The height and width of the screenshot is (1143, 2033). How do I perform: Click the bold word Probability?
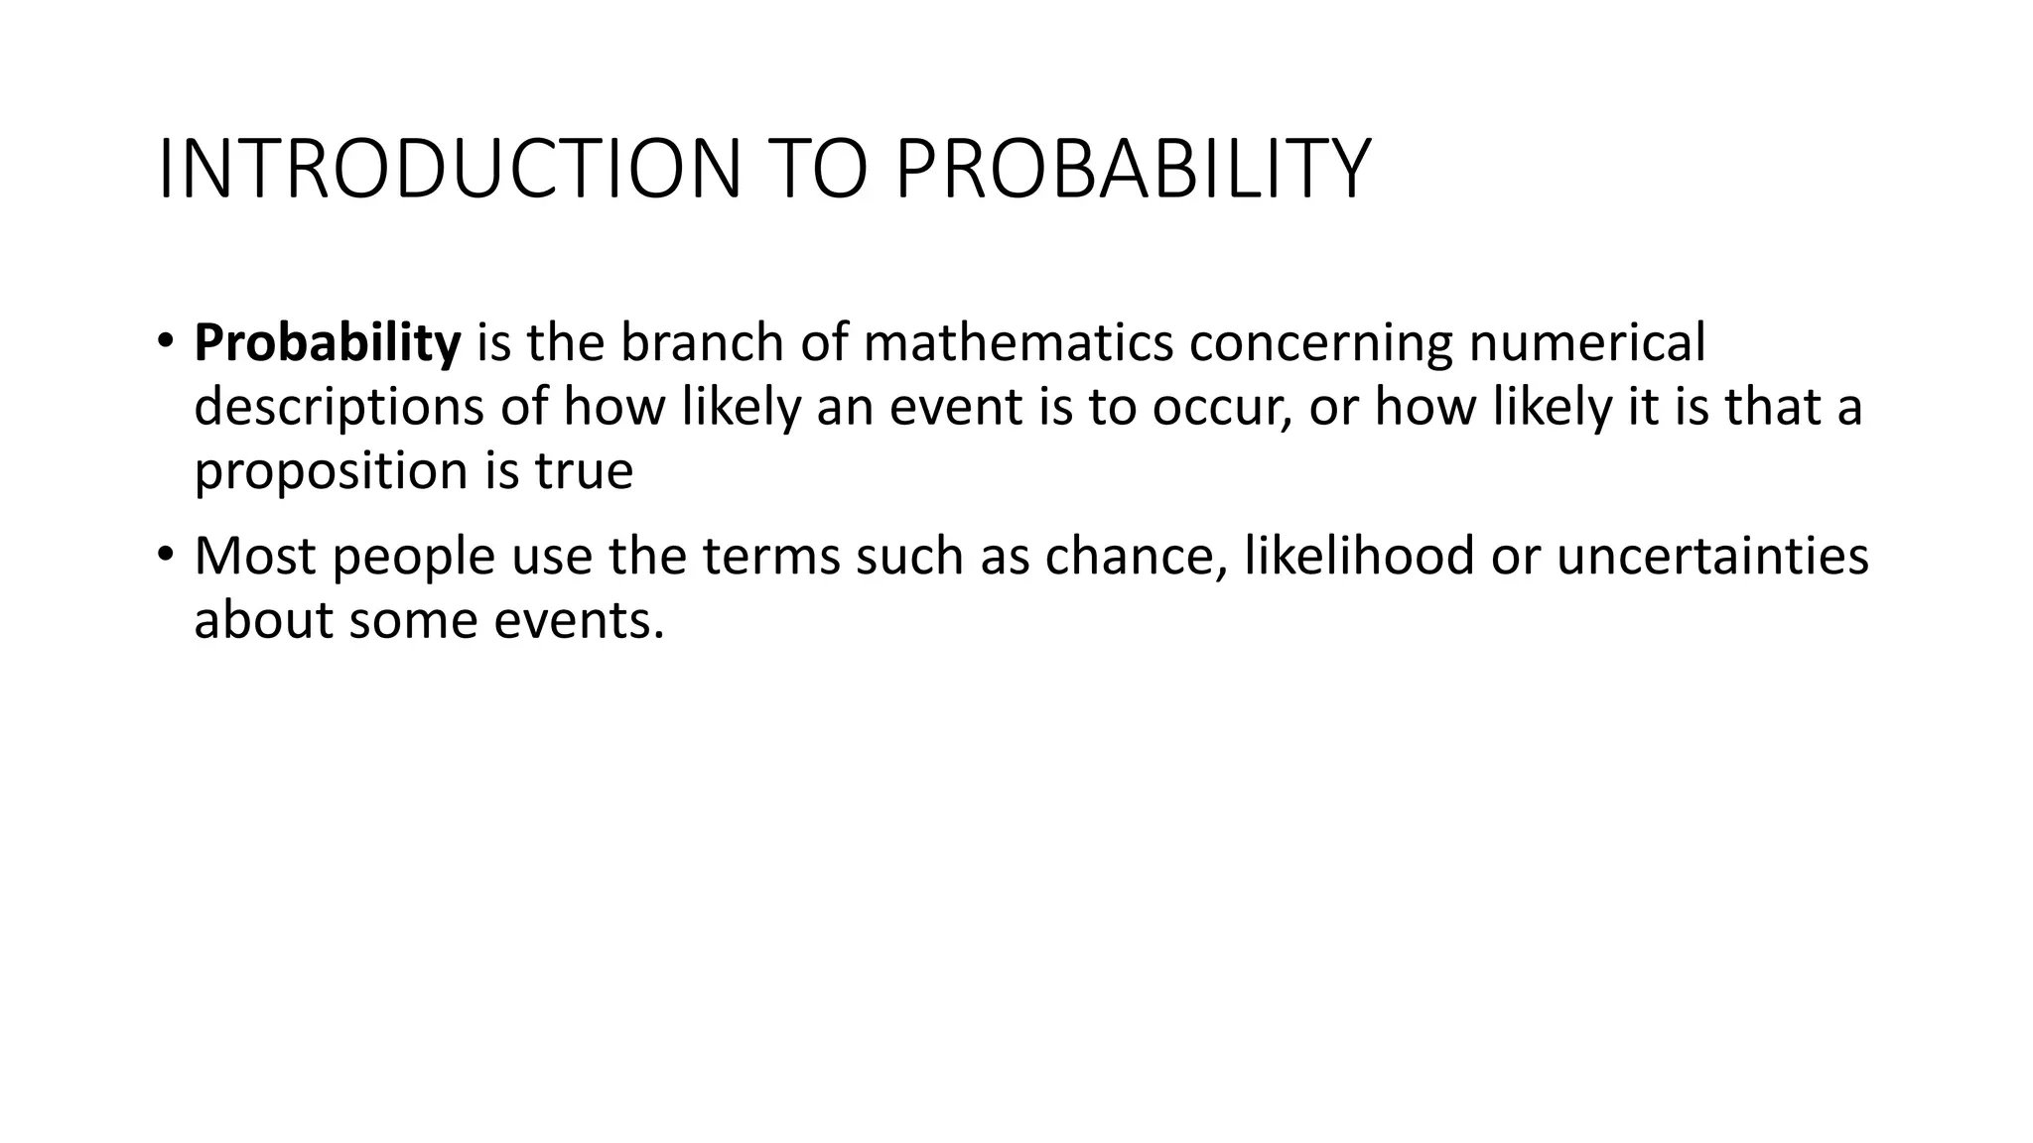(x=328, y=343)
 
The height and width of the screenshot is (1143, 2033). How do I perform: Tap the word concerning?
(x=1320, y=343)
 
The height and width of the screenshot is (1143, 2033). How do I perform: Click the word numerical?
(x=1586, y=343)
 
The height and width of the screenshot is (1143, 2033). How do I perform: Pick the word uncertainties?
(x=1712, y=556)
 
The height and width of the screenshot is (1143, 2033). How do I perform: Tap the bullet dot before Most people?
(x=165, y=555)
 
